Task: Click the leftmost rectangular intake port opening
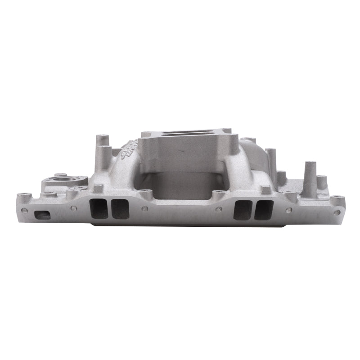pyautogui.click(x=99, y=209)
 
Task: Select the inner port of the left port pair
pyautogui.click(x=120, y=209)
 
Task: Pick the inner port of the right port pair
pyautogui.click(x=243, y=210)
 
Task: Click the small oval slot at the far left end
pyautogui.click(x=43, y=215)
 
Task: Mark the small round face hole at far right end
pyautogui.click(x=336, y=212)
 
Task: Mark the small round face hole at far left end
pyautogui.click(x=24, y=210)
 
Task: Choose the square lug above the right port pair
pyautogui.click(x=266, y=190)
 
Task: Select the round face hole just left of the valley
pyautogui.click(x=145, y=209)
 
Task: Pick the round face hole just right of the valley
pyautogui.click(x=219, y=209)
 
